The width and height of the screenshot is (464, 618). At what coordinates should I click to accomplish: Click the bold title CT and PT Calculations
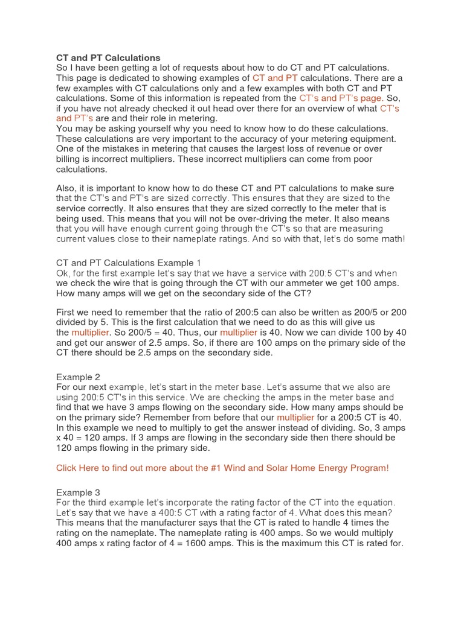(108, 58)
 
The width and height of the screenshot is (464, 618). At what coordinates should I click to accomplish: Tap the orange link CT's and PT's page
(340, 98)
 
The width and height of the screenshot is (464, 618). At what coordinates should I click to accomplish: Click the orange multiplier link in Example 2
(295, 417)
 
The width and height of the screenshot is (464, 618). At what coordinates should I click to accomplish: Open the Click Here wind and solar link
(222, 468)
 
